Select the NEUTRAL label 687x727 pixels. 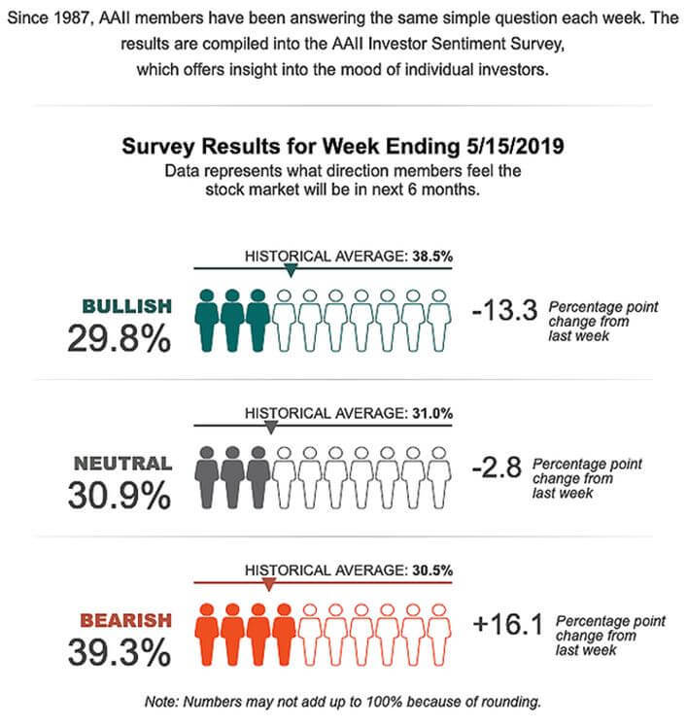pyautogui.click(x=122, y=464)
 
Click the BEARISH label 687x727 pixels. pyautogui.click(x=125, y=619)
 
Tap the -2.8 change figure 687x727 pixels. pyautogui.click(x=497, y=468)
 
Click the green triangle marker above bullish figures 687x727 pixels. pyautogui.click(x=288, y=271)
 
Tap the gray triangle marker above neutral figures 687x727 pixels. pyautogui.click(x=271, y=427)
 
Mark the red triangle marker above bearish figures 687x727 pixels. pyautogui.click(x=269, y=583)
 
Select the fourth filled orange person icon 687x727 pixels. pyautogui.click(x=285, y=631)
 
